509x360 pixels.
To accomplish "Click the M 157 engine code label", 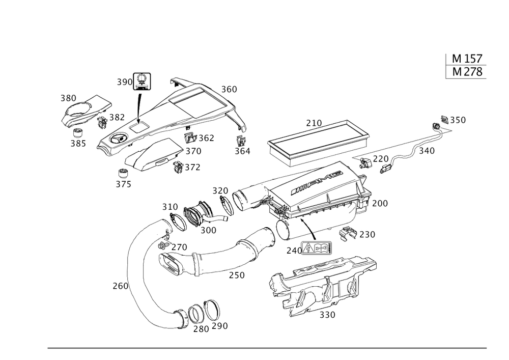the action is (x=467, y=59).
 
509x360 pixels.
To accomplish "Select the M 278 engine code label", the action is (x=467, y=72).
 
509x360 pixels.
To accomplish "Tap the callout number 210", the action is (x=314, y=123).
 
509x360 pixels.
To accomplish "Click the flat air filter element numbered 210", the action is (x=318, y=143).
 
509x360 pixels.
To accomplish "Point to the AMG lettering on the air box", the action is (x=317, y=183).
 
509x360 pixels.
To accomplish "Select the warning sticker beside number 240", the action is (x=316, y=248).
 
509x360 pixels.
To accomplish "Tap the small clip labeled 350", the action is (x=444, y=119).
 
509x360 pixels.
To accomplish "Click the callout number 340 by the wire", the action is (x=427, y=151).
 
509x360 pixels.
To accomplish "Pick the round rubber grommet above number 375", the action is (x=123, y=173).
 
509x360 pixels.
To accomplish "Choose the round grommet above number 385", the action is (x=78, y=133).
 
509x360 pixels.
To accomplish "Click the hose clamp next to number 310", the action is (x=178, y=223).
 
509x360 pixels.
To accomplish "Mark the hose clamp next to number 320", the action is (x=227, y=205).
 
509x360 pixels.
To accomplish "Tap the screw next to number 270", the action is (x=163, y=246).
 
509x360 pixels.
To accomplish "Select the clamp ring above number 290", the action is (x=212, y=311).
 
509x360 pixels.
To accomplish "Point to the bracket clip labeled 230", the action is (x=348, y=233).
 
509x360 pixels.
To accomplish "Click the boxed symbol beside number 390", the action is (x=142, y=81).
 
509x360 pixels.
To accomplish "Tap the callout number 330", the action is (x=327, y=315).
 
